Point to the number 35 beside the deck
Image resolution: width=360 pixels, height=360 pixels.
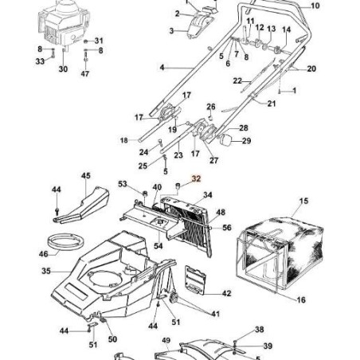[x=46, y=272]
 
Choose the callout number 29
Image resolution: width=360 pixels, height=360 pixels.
[x=246, y=141]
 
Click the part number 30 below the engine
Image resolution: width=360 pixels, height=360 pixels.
[x=63, y=69]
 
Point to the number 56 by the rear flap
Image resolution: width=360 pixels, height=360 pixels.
[x=227, y=228]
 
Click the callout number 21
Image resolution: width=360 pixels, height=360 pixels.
[x=272, y=104]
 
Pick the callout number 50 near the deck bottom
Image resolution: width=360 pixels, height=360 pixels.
[x=112, y=339]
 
